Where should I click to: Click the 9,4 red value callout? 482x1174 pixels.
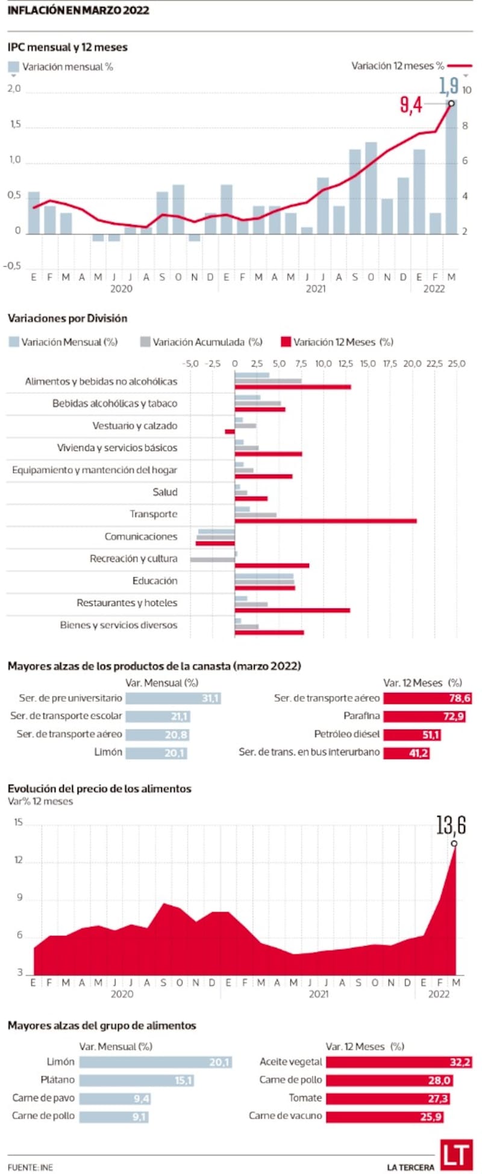411,106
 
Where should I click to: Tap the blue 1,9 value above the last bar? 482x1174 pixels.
449,86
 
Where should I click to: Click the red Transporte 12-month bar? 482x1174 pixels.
325,521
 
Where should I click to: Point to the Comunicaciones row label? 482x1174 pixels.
141,536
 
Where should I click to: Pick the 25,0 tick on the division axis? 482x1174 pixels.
457,364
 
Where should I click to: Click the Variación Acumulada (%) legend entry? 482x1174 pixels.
201,342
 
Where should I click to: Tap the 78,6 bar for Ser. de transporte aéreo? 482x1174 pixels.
427,698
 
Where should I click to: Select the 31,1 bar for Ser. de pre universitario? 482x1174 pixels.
173,698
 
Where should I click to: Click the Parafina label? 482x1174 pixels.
361,716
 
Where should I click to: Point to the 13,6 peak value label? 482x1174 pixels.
451,825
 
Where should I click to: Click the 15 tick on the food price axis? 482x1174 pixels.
18,822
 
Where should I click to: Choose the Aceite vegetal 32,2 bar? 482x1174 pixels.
399,1062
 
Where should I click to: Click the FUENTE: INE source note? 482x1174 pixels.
30,1167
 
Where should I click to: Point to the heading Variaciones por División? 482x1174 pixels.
67,318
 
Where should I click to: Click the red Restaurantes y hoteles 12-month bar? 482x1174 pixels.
292,610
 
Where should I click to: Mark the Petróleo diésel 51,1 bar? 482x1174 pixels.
412,734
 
